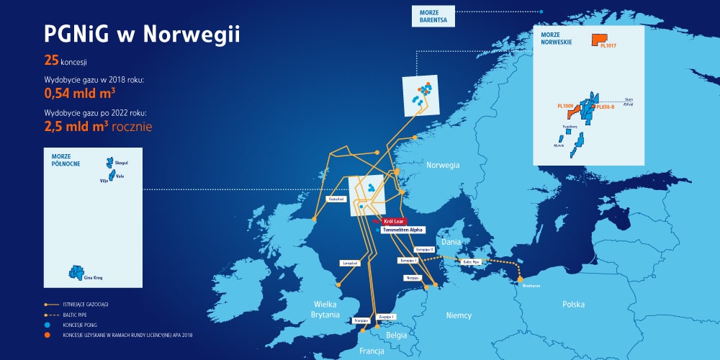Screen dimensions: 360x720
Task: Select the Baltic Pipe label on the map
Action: (x=472, y=262)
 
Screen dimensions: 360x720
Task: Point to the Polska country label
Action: (x=573, y=305)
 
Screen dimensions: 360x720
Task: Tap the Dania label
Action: (x=451, y=243)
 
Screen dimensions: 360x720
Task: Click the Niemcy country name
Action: (x=459, y=315)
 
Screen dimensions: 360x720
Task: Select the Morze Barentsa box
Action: (x=433, y=15)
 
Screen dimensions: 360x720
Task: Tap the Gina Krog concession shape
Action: (x=73, y=271)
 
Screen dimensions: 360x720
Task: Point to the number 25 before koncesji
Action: (x=51, y=60)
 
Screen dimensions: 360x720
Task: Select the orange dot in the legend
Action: (x=48, y=335)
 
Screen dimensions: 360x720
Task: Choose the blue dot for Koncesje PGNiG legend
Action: (x=48, y=325)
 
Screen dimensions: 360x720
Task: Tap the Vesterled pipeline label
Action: (x=337, y=199)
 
